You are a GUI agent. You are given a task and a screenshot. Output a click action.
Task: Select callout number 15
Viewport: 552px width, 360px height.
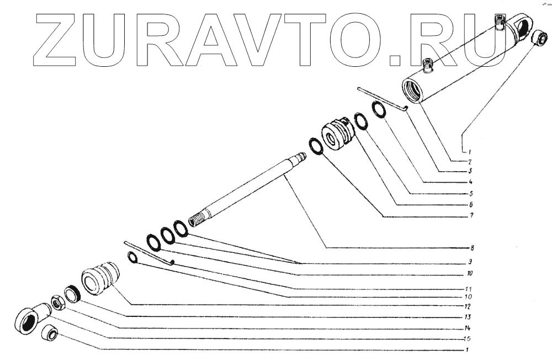click(467, 338)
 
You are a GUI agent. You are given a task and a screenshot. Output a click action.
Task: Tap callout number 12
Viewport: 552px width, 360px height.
click(468, 305)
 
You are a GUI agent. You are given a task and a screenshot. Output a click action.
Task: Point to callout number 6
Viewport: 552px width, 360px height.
click(471, 204)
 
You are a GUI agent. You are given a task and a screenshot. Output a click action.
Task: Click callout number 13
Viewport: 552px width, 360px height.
click(468, 317)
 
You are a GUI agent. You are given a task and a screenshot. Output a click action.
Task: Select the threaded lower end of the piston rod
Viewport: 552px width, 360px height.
click(196, 220)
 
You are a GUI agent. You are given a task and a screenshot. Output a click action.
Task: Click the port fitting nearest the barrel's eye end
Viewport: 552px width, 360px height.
click(500, 22)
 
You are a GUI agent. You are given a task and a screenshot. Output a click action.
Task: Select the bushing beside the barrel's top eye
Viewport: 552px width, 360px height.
click(539, 39)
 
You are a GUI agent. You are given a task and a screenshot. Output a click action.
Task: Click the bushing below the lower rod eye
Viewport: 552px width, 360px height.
click(51, 333)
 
